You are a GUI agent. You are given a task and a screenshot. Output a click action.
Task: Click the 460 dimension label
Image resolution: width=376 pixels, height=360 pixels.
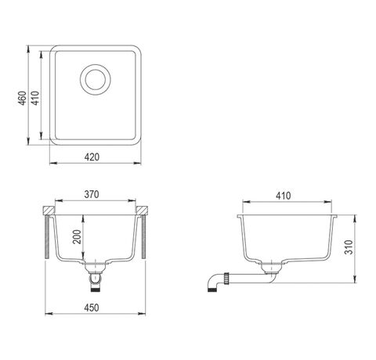[x=22, y=99]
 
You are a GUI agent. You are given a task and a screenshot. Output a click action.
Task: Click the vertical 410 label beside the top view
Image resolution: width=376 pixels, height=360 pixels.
[x=35, y=98]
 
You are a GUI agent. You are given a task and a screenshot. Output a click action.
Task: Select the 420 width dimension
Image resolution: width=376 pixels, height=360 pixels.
[x=92, y=157]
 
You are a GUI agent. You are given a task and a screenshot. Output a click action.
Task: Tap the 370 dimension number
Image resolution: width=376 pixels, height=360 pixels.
[x=92, y=194]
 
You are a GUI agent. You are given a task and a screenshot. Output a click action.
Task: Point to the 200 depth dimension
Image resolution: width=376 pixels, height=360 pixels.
[x=77, y=236]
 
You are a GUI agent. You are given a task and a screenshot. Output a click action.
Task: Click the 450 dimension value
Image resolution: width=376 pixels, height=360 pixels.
[x=92, y=308]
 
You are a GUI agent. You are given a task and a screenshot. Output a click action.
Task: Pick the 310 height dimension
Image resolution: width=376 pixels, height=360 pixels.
[x=349, y=247]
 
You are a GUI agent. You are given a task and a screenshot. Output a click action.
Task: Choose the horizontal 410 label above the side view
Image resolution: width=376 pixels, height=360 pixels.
[x=284, y=196]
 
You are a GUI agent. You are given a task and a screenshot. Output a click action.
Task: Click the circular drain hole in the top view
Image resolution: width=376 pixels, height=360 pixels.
[x=96, y=79]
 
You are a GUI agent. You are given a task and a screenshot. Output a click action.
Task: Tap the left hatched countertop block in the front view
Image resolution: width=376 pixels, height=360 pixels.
[x=49, y=211]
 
